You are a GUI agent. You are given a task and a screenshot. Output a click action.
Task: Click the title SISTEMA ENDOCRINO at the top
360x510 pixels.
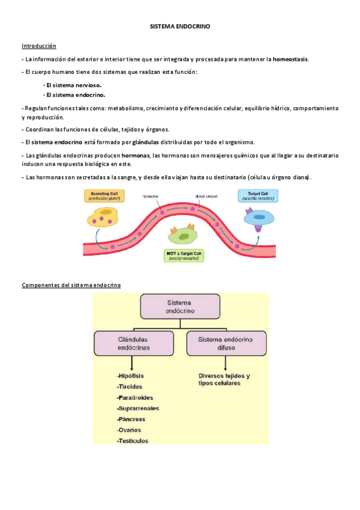[180, 27]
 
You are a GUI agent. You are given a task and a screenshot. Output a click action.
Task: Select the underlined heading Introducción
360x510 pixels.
[38, 46]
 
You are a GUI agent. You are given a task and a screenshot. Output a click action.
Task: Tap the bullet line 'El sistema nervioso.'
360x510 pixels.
[73, 85]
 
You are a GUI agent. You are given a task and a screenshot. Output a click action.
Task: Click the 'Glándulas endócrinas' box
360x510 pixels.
[132, 343]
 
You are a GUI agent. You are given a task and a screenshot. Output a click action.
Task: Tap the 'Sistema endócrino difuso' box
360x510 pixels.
[225, 343]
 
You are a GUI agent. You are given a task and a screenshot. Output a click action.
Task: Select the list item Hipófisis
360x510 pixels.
[130, 376]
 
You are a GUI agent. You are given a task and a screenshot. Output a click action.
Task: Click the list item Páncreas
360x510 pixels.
[130, 419]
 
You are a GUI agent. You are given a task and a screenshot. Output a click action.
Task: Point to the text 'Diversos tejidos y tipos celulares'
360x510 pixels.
[224, 379]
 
